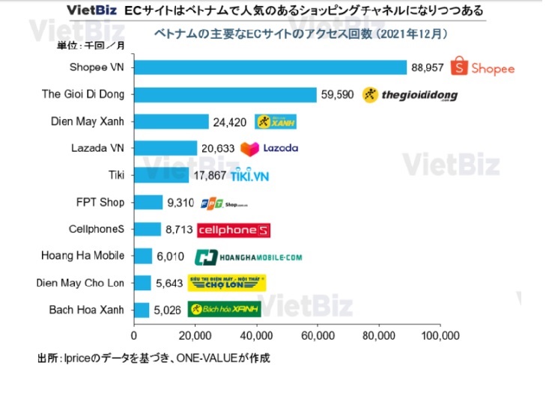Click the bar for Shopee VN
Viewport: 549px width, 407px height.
(x=270, y=67)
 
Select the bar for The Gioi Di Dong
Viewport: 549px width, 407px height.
(x=225, y=94)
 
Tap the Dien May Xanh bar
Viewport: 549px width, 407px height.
(x=171, y=121)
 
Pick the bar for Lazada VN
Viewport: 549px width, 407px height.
(x=165, y=148)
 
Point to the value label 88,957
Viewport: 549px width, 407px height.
(x=427, y=67)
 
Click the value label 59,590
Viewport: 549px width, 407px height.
(x=337, y=95)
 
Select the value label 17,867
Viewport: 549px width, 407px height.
(x=209, y=176)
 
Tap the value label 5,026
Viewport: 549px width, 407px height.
(x=166, y=310)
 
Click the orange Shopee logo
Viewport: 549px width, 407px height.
(x=482, y=67)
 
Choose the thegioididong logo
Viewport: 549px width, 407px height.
(x=409, y=95)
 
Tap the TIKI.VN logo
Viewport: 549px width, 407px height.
(x=249, y=176)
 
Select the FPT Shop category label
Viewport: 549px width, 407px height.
(x=100, y=202)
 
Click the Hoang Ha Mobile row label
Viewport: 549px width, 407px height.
(x=83, y=256)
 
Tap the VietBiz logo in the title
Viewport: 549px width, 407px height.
(x=91, y=10)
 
